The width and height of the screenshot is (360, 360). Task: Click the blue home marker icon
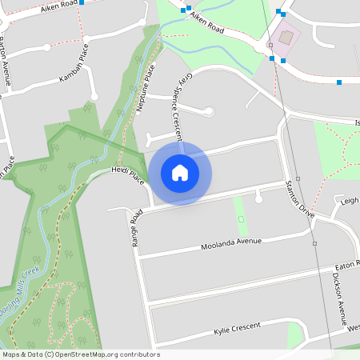[x=180, y=172]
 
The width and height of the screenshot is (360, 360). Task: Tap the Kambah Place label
[x=76, y=72]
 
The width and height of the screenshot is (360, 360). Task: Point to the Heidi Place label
[x=127, y=175]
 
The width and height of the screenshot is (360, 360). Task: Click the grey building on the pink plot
[x=286, y=38]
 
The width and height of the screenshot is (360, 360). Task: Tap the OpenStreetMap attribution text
[x=80, y=354]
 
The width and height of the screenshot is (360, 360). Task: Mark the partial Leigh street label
[x=349, y=202]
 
